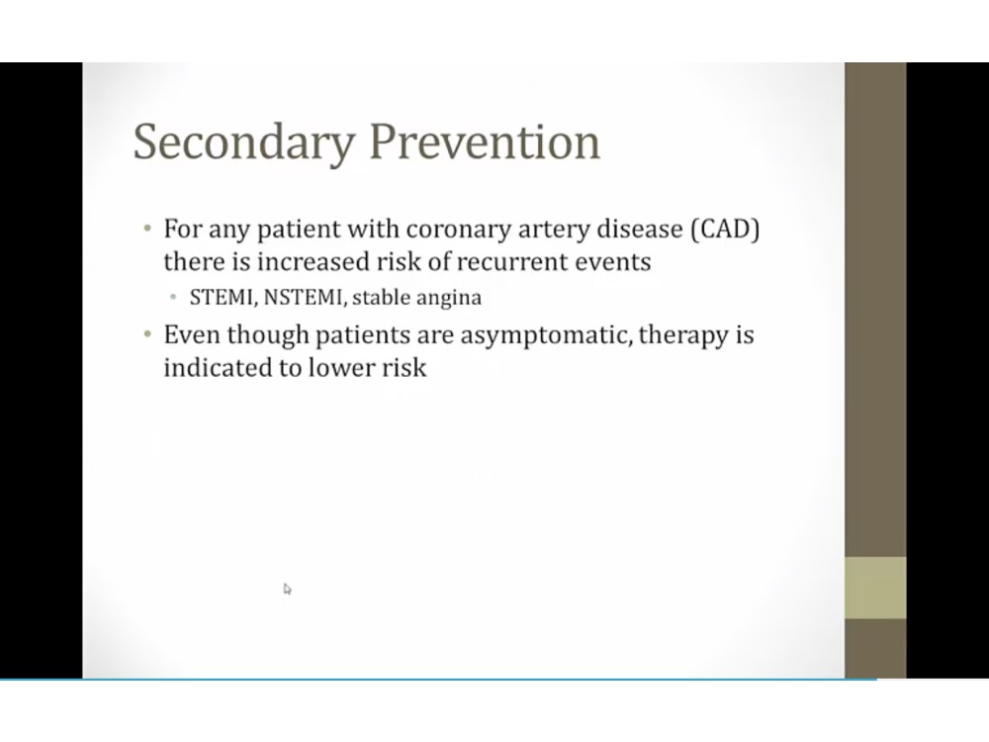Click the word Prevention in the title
pyautogui.click(x=485, y=141)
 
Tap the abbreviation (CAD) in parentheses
pyautogui.click(x=725, y=230)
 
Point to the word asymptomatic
pyautogui.click(x=546, y=335)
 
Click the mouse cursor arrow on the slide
pyautogui.click(x=287, y=589)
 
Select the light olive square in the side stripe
pyautogui.click(x=875, y=588)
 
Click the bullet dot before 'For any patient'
pyautogui.click(x=147, y=228)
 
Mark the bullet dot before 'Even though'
pyautogui.click(x=147, y=333)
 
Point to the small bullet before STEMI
pyautogui.click(x=173, y=297)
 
